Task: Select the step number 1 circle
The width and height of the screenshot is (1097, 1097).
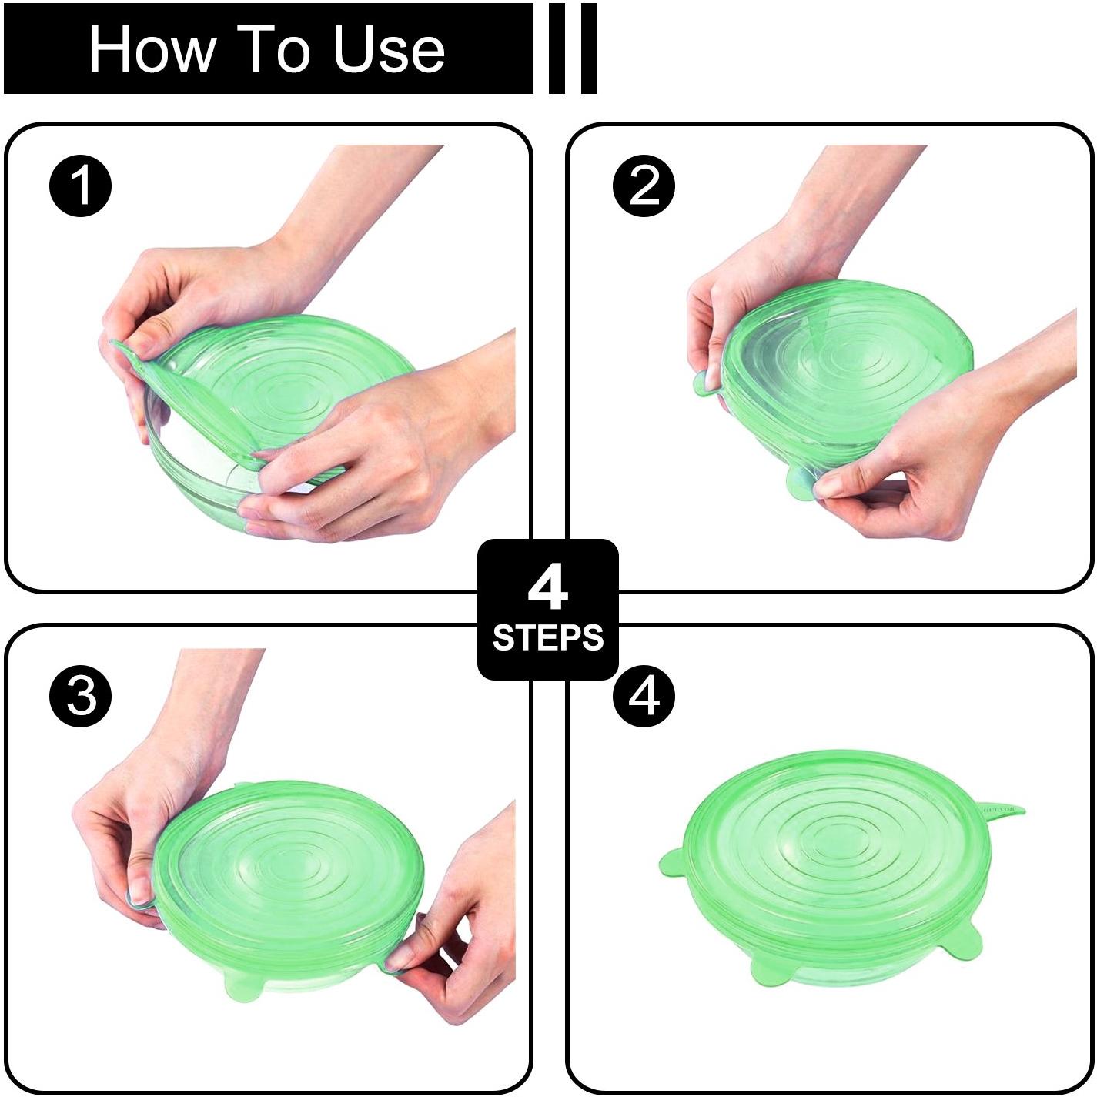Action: coord(81,186)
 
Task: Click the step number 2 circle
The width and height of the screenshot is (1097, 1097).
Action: coord(644,186)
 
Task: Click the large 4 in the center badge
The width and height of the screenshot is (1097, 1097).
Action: coord(547,589)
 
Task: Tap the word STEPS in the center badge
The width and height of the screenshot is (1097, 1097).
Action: coord(547,638)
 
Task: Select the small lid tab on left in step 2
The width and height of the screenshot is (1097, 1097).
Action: coord(707,383)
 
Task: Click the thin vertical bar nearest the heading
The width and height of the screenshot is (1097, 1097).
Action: coord(557,48)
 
